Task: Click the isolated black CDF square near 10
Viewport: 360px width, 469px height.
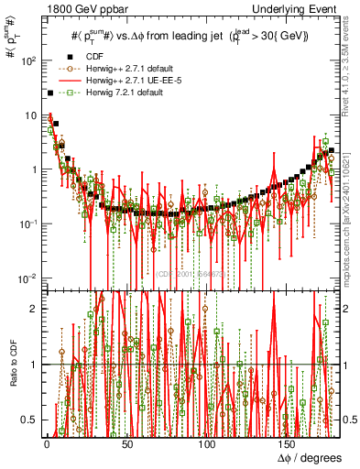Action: click(x=49, y=93)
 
